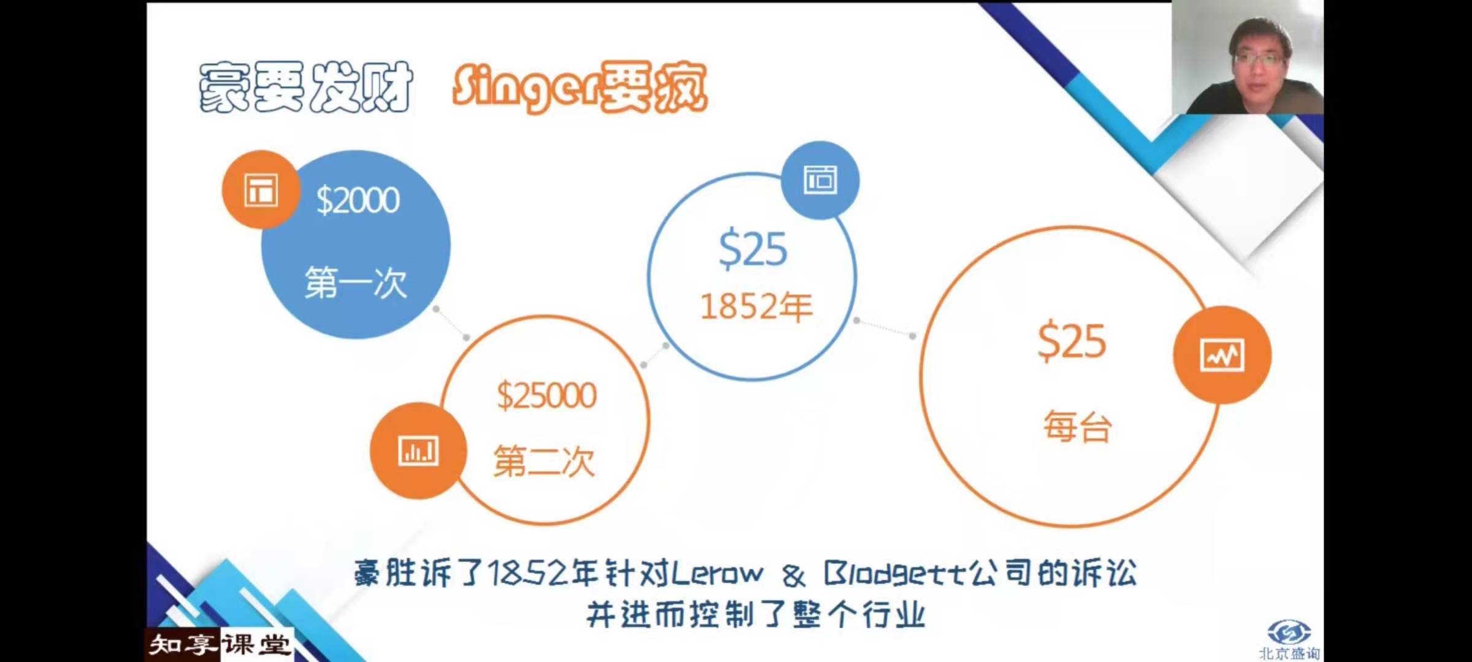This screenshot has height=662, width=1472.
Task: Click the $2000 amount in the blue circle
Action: tap(358, 200)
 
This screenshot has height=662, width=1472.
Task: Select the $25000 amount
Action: tap(546, 395)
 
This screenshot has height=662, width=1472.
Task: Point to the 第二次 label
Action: tap(544, 461)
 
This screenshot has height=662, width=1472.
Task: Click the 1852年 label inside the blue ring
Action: tap(756, 306)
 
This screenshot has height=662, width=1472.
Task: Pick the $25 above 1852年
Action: tap(753, 249)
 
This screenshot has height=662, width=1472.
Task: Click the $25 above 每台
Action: tap(1072, 341)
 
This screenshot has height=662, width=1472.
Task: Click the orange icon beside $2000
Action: tap(261, 189)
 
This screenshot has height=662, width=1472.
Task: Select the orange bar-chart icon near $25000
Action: tap(418, 451)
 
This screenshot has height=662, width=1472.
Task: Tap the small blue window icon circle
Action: tap(820, 180)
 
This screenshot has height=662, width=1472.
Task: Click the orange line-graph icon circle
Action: tap(1222, 355)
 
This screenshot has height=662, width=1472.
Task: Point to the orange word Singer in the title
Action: tap(525, 89)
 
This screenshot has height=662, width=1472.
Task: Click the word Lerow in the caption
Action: tap(718, 574)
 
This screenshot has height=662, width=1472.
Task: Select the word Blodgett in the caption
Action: tap(895, 574)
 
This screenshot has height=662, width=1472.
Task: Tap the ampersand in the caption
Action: tap(794, 575)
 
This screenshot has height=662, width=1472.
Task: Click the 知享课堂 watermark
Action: tap(219, 645)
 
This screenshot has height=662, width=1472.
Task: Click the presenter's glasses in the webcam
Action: tap(1258, 59)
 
